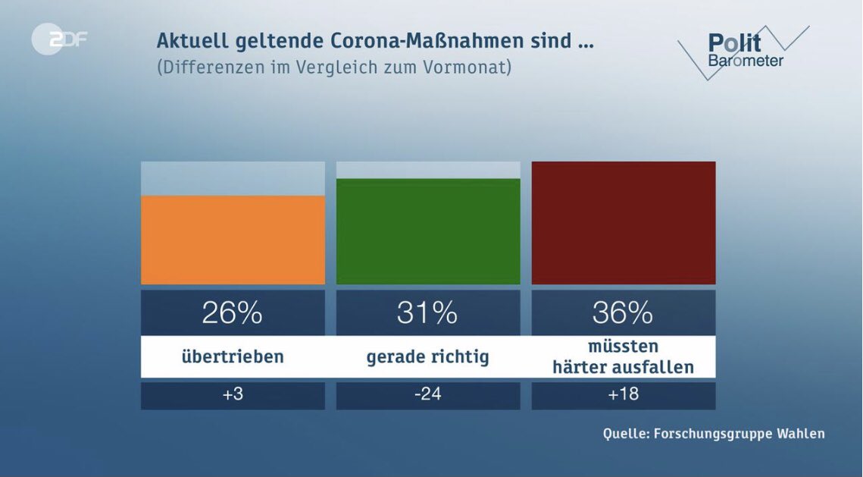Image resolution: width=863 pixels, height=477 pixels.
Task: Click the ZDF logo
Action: (x=59, y=39)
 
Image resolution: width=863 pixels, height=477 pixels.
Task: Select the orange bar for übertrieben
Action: (x=233, y=240)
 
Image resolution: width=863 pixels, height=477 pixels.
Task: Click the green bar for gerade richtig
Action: (x=428, y=231)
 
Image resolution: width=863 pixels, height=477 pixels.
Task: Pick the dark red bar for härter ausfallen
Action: (x=624, y=222)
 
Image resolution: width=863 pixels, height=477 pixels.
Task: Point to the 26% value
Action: (x=233, y=312)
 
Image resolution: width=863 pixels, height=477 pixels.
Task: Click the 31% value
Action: (x=428, y=312)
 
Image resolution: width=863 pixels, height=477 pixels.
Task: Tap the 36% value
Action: (x=624, y=312)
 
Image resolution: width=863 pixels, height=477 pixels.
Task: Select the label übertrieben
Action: (x=233, y=356)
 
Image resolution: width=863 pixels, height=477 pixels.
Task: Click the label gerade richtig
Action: (x=428, y=356)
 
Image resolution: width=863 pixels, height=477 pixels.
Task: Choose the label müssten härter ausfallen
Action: (x=624, y=357)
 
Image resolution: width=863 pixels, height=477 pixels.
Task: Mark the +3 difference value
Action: (x=233, y=395)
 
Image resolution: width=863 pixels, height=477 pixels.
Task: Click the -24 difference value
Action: (x=428, y=395)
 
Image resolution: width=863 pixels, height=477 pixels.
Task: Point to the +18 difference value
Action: (x=624, y=395)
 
